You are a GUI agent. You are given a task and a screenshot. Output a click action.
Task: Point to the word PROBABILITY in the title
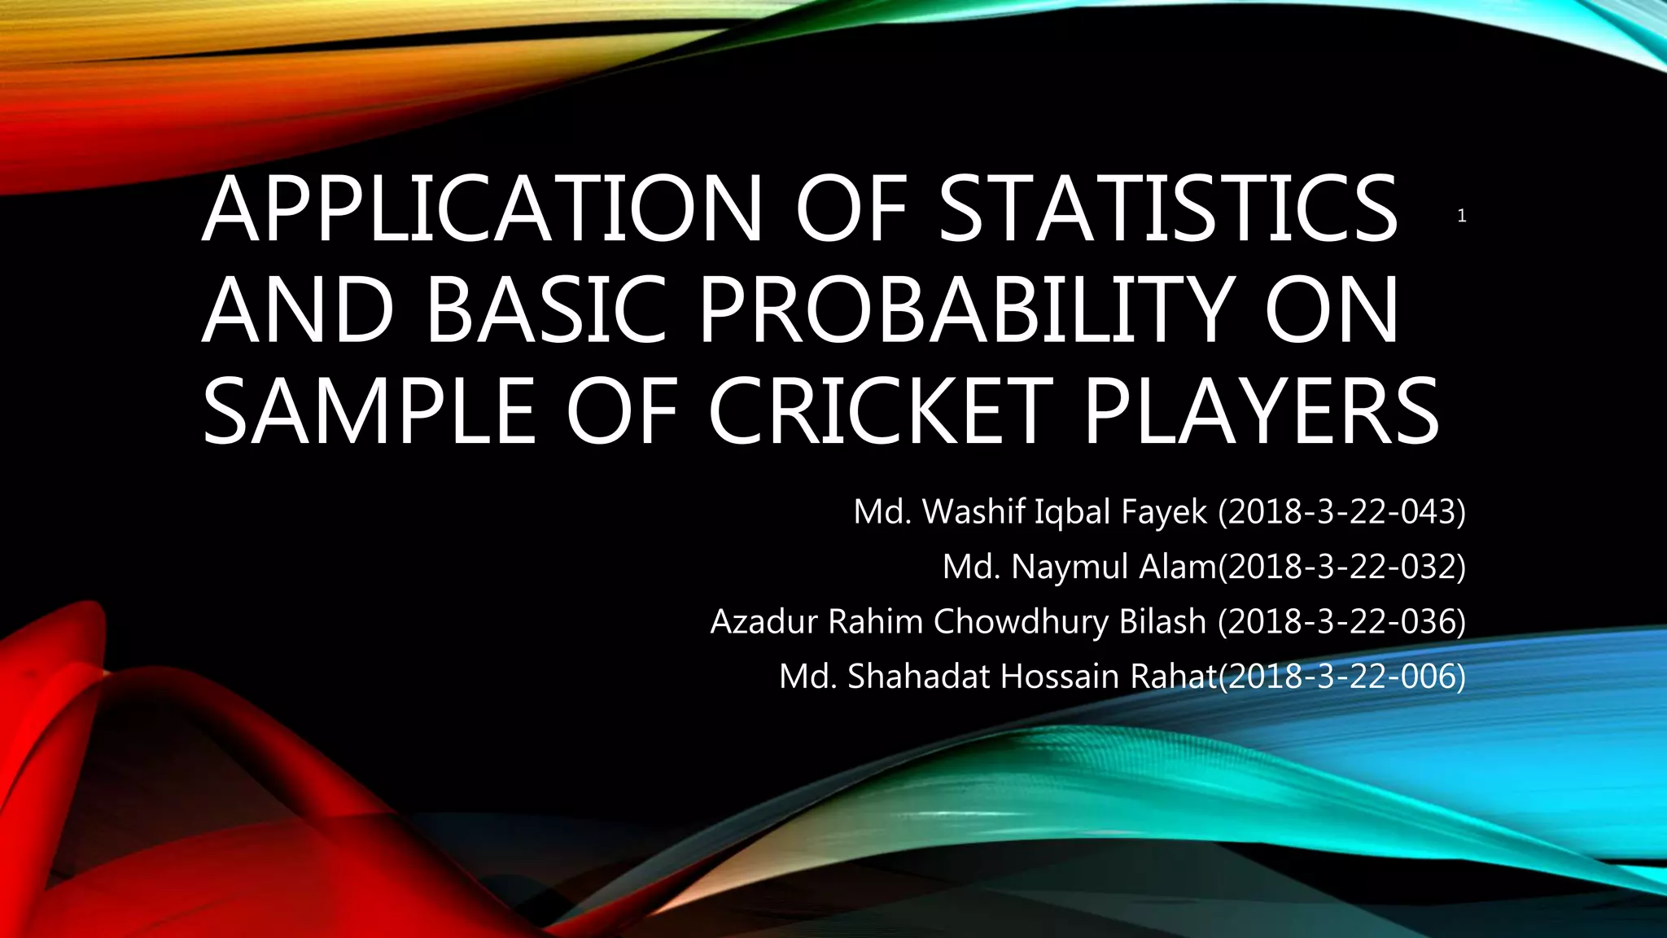click(x=966, y=310)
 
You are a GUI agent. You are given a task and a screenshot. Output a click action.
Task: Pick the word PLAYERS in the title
click(x=1261, y=411)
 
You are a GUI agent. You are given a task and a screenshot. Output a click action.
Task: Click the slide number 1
click(x=1462, y=216)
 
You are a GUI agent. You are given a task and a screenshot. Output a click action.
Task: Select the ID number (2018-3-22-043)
click(x=1341, y=511)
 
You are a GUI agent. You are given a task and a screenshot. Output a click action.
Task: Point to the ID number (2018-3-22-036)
click(x=1341, y=621)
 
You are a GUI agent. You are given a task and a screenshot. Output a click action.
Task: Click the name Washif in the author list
click(x=974, y=511)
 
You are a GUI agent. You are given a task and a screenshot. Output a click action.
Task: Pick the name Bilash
click(x=1162, y=621)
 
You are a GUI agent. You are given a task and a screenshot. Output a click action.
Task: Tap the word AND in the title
click(x=297, y=310)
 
